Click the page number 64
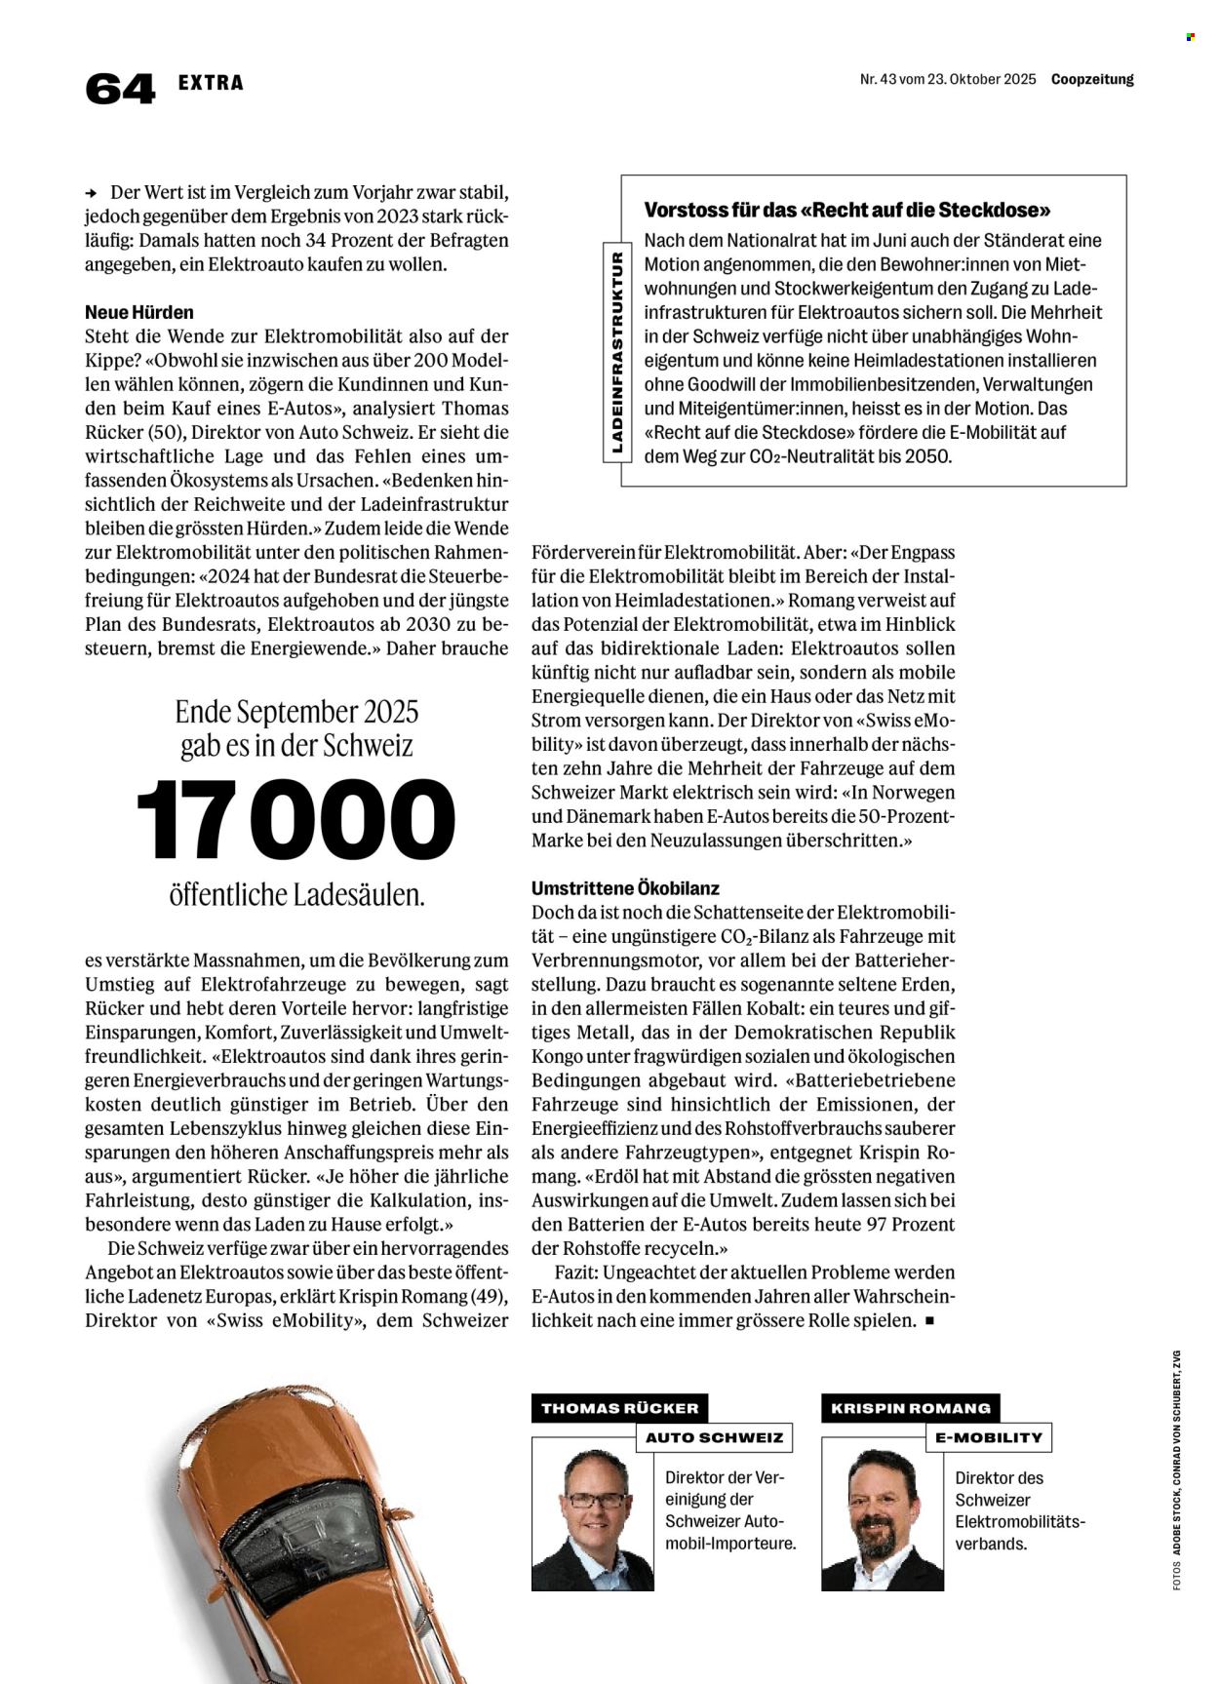click(120, 89)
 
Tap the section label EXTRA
click(211, 83)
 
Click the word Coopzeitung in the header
click(1092, 80)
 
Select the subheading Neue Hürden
click(139, 312)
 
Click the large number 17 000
click(296, 820)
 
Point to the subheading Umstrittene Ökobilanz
click(625, 888)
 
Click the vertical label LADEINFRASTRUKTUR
click(616, 352)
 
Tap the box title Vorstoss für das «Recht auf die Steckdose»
click(847, 210)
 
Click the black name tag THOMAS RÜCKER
click(620, 1408)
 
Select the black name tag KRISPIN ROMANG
click(911, 1408)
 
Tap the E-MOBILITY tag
click(988, 1437)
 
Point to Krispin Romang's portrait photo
click(883, 1520)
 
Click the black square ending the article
click(929, 1321)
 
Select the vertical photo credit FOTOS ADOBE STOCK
click(1177, 1472)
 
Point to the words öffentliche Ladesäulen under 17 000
click(296, 894)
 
